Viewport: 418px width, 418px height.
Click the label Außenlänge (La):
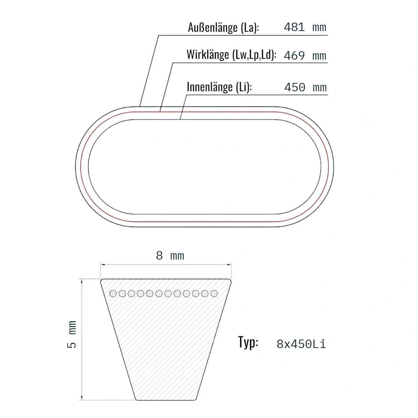pos(223,28)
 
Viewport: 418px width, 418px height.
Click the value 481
pos(294,27)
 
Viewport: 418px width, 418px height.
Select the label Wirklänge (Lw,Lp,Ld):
pos(231,55)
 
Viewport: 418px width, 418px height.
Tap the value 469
pos(294,56)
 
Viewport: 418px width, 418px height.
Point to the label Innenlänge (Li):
pos(219,87)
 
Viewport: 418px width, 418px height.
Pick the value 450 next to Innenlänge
pos(295,87)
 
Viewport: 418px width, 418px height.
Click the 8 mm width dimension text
pos(170,256)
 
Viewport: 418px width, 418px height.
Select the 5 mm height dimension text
pos(72,334)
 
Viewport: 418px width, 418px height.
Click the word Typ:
pos(248,342)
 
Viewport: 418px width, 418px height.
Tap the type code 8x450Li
pos(301,344)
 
